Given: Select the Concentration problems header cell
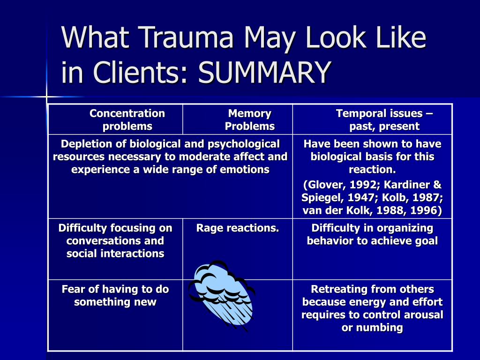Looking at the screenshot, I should (127, 120).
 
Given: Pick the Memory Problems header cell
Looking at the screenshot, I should (249, 120).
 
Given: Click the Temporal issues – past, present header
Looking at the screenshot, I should (384, 120).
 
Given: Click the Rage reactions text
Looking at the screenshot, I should (238, 228).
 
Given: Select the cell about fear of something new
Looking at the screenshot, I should (115, 296).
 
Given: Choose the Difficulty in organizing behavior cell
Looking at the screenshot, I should (372, 234).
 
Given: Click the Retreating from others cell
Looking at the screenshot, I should (372, 308).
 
